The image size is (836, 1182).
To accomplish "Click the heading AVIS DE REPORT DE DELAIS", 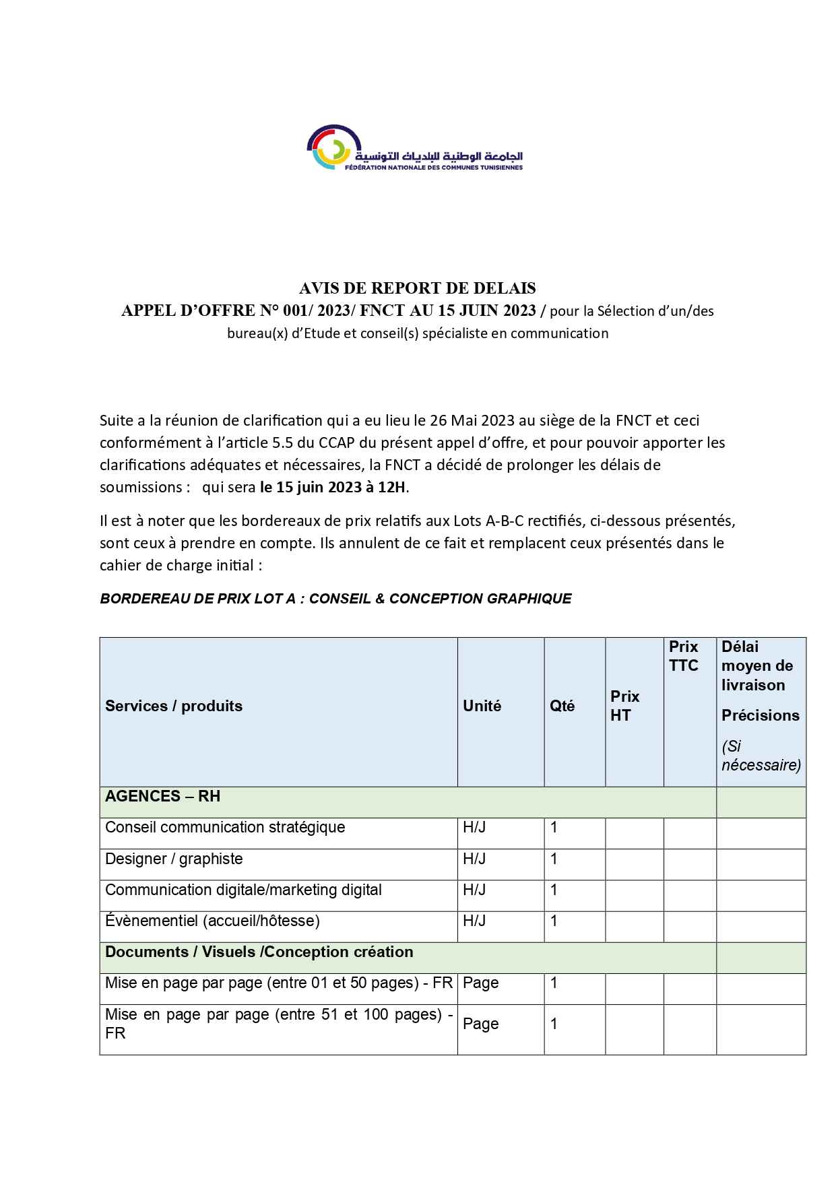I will pyautogui.click(x=418, y=288).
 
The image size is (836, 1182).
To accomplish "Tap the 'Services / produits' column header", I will pyautogui.click(x=174, y=706).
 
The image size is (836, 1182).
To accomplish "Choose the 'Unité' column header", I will pyautogui.click(x=482, y=706).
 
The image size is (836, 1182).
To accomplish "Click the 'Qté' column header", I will pyautogui.click(x=562, y=706).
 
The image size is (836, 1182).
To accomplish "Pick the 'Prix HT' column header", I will pyautogui.click(x=624, y=706).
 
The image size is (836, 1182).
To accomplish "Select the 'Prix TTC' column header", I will pyautogui.click(x=683, y=656).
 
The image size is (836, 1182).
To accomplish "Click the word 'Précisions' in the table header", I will pyautogui.click(x=760, y=715).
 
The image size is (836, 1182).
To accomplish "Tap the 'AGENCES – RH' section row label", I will pyautogui.click(x=162, y=796).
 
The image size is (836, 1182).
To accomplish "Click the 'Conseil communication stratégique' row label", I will pyautogui.click(x=225, y=827).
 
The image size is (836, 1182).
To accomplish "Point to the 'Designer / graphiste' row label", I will pyautogui.click(x=174, y=859).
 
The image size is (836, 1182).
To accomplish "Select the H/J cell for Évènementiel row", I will pyautogui.click(x=474, y=921).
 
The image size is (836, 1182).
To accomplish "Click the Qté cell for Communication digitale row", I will pyautogui.click(x=554, y=890).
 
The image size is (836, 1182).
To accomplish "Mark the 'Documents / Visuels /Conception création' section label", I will pyautogui.click(x=259, y=952).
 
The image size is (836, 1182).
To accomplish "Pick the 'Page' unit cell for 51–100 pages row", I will pyautogui.click(x=481, y=1024).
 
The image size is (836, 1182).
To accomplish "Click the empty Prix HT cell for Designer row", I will pyautogui.click(x=634, y=864).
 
